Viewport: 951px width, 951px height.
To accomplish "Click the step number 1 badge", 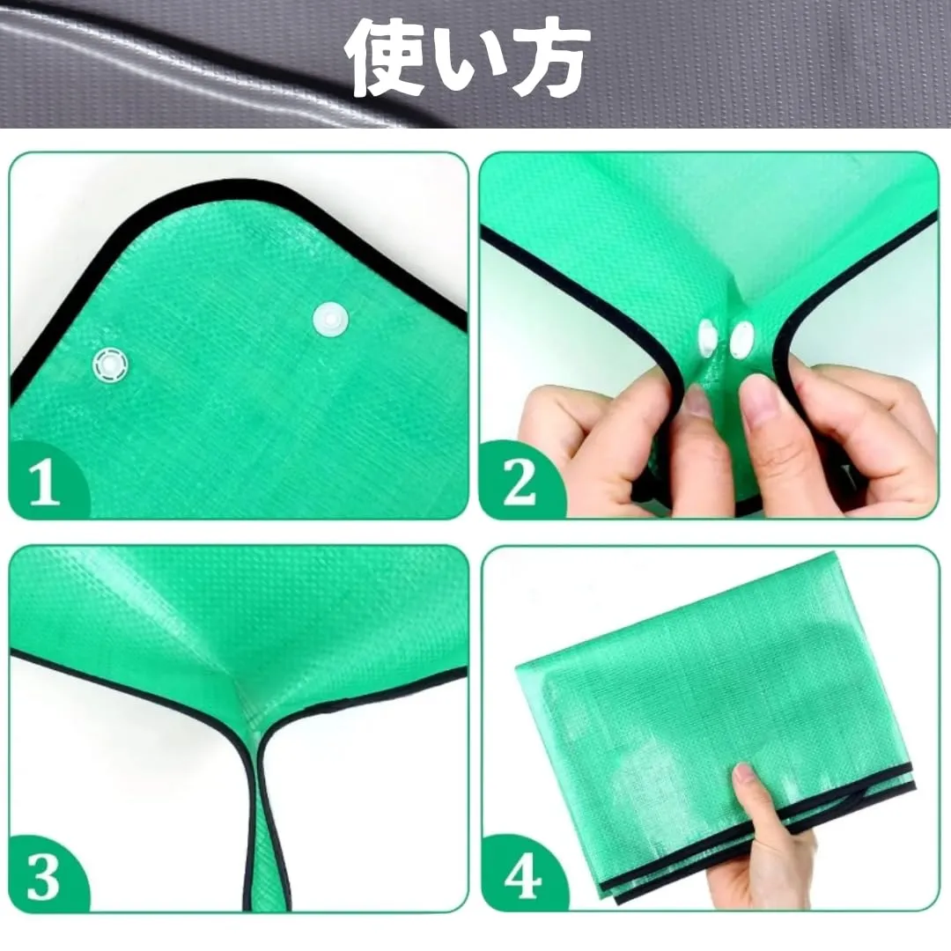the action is [x=46, y=482].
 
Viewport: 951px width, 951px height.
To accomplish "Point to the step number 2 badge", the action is [x=520, y=482].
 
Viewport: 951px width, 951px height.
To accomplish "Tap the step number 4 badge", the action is [x=521, y=874].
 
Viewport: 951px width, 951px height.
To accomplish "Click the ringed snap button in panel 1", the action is [x=111, y=365].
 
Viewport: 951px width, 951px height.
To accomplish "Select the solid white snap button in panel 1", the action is [x=330, y=319].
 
